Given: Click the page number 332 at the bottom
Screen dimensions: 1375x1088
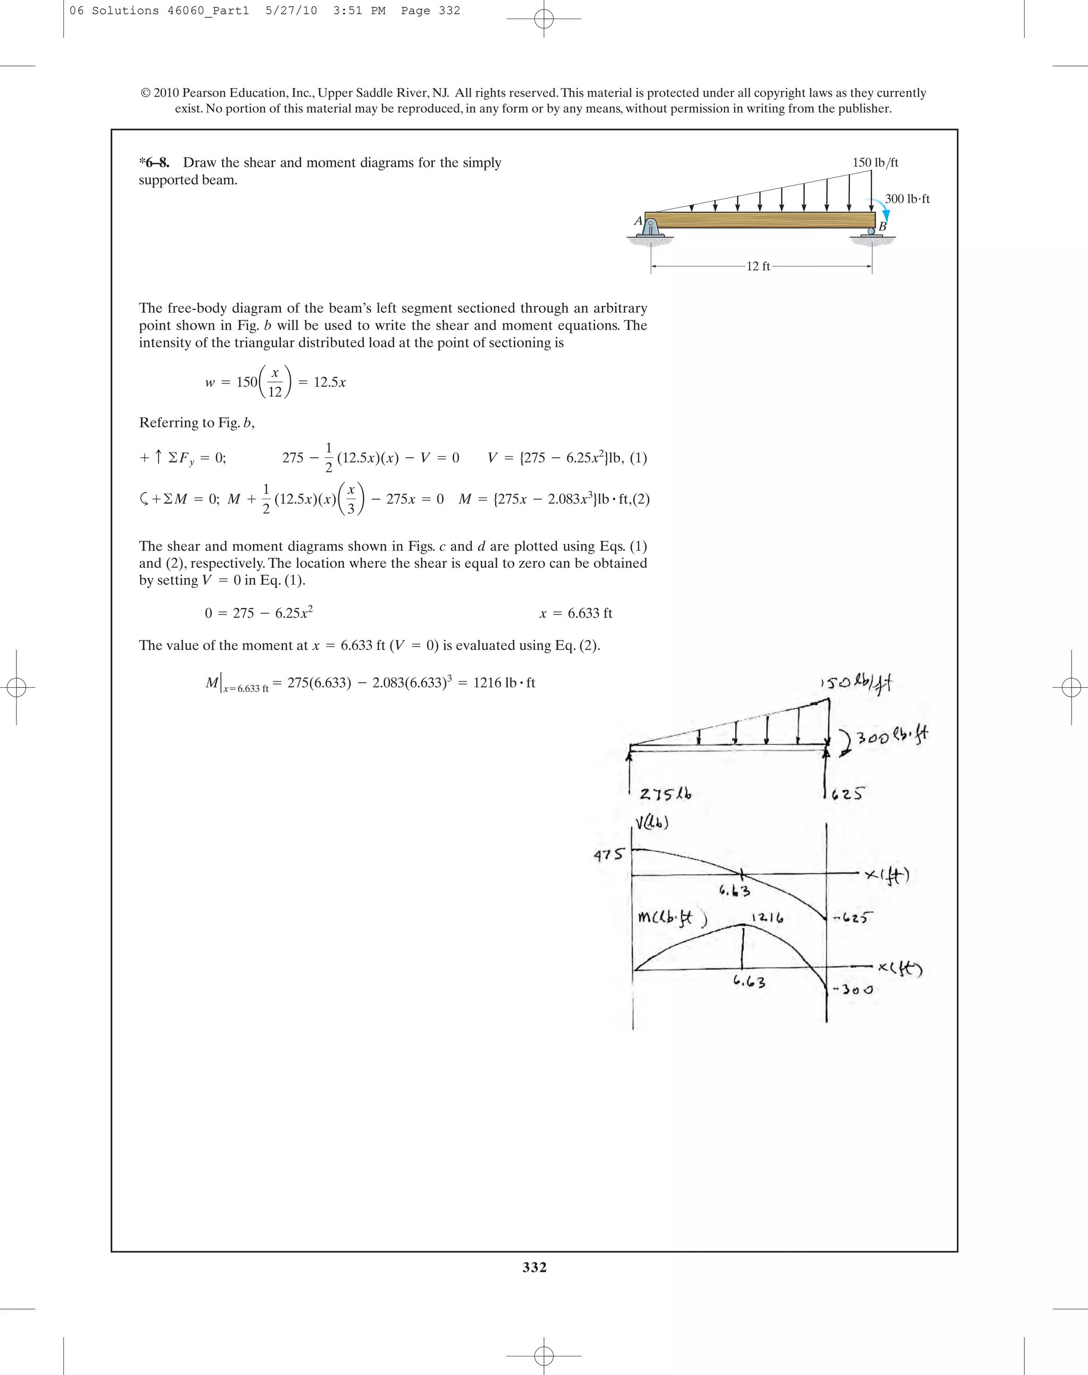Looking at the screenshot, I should point(534,1267).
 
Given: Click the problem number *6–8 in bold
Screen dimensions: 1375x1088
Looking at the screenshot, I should point(154,163).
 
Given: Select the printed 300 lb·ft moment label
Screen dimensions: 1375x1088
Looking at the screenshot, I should point(906,199).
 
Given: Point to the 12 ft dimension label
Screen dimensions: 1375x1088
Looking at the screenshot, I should point(758,266).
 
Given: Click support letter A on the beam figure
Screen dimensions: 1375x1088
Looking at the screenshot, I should point(637,220).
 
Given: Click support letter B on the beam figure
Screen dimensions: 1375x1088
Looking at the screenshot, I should point(882,226).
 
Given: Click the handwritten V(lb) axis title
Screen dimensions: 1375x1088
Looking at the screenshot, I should point(651,824).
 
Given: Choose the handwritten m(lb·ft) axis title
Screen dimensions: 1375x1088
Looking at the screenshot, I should point(671,918).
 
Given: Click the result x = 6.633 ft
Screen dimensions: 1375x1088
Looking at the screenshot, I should point(575,613).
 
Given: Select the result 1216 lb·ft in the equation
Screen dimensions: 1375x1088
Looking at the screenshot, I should point(503,683).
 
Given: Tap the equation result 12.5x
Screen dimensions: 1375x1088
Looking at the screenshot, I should point(329,382).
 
